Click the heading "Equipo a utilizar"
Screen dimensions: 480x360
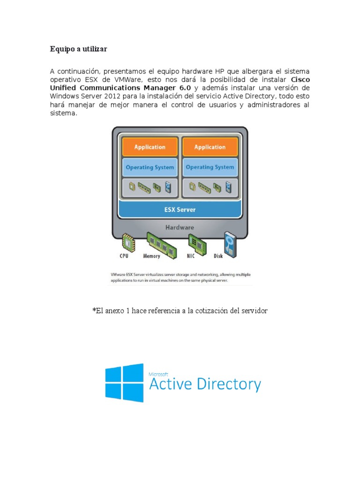[78, 49]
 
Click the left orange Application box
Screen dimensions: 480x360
[150, 147]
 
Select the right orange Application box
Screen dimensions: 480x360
[210, 147]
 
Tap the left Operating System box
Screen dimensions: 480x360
[150, 167]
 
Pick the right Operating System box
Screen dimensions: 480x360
[210, 167]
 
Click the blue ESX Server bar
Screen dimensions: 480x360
[180, 210]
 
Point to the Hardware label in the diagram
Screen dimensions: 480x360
[180, 228]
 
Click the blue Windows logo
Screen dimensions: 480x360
[124, 382]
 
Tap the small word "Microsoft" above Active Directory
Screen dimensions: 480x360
[158, 375]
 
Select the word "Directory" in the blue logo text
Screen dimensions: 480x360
[229, 385]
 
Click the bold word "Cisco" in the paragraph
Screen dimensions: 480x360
[300, 79]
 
